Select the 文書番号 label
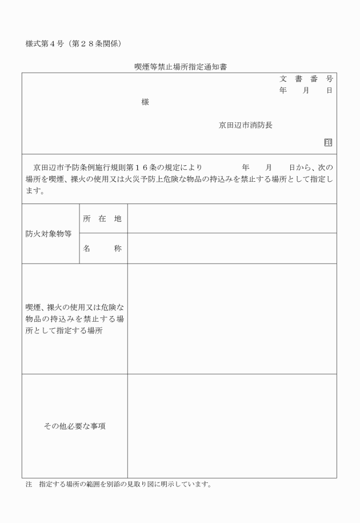(306, 79)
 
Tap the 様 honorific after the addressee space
(145, 102)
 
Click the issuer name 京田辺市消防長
(246, 125)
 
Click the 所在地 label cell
(102, 218)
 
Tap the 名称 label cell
(102, 249)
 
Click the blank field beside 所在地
(231, 218)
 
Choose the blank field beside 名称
(231, 249)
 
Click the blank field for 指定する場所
(231, 319)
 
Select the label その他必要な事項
(74, 426)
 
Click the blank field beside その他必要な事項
(231, 426)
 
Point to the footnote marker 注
(29, 485)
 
